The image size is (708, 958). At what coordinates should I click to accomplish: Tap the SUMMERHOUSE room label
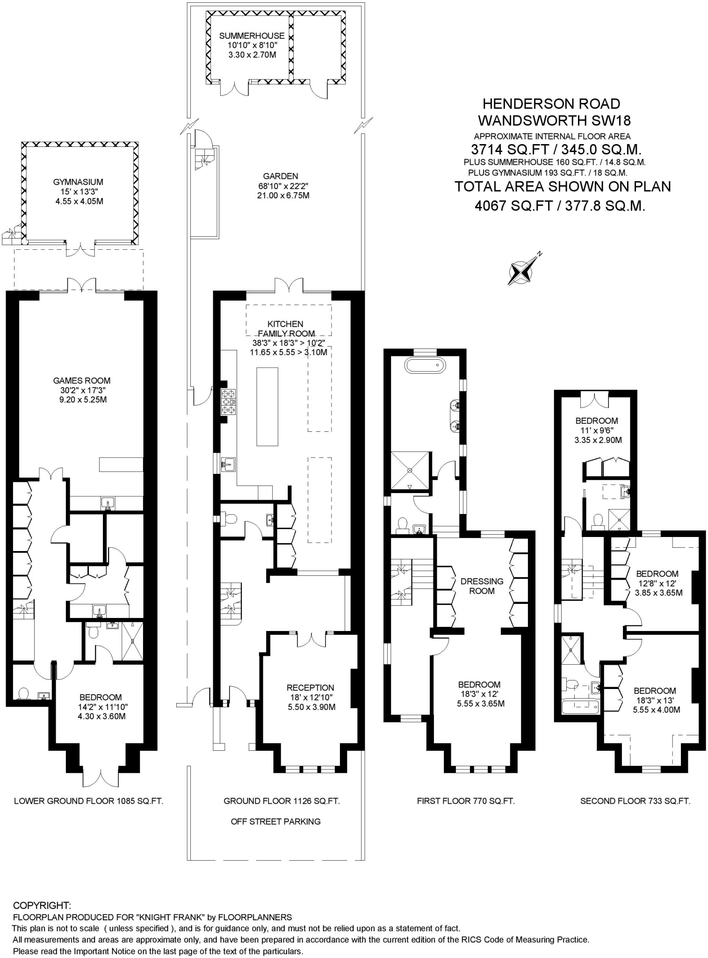pos(252,36)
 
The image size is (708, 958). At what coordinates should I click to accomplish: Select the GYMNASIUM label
pos(78,182)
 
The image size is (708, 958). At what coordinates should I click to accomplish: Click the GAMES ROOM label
pos(82,381)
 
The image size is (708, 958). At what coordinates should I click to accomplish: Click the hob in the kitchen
pos(228,401)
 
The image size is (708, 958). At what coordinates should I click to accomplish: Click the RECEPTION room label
pos(311,688)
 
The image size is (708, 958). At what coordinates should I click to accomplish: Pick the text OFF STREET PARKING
pos(275,821)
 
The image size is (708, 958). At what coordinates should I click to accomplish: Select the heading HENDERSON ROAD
pos(551,104)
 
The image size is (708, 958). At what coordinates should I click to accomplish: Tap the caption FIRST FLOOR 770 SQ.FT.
pos(465,801)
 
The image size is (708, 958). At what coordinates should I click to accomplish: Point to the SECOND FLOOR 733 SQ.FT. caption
pos(635,801)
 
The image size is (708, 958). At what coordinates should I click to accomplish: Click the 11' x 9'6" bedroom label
pos(596,430)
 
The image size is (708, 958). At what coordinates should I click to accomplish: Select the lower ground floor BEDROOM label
pos(100,697)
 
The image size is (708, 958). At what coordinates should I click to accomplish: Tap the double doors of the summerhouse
pos(234,88)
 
